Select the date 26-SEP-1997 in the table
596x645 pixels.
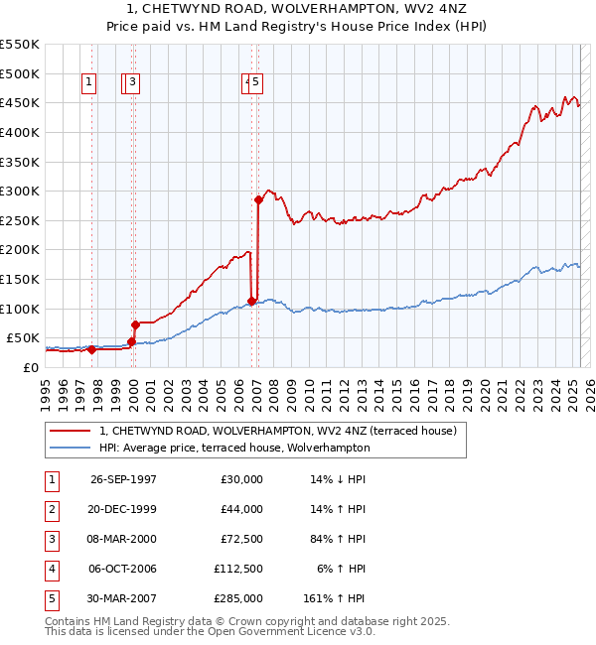coord(123,479)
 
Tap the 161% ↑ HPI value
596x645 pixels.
coord(335,598)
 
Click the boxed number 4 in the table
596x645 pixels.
coord(51,569)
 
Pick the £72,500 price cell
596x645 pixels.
coord(242,539)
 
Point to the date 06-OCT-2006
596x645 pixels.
coord(123,569)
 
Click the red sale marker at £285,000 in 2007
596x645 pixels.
coord(258,199)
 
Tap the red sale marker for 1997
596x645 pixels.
coord(91,349)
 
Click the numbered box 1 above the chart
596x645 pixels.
coord(89,83)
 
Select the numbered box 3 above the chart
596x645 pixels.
coord(132,83)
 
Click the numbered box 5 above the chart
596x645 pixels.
coord(255,83)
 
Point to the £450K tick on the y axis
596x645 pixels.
coord(20,103)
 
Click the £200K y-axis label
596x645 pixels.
coord(20,250)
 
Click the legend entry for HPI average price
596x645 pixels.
coord(233,448)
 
